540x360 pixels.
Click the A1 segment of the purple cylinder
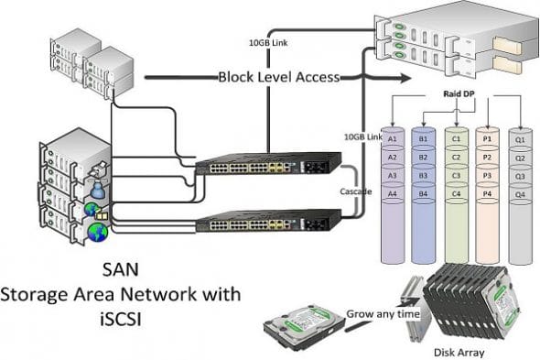[x=392, y=137]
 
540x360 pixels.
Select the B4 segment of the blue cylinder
[x=424, y=193]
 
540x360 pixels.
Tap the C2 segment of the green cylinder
[x=456, y=157]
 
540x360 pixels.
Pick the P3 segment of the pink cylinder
[x=488, y=175]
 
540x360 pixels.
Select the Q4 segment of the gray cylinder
[x=520, y=193]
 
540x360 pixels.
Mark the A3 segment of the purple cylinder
[x=392, y=175]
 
